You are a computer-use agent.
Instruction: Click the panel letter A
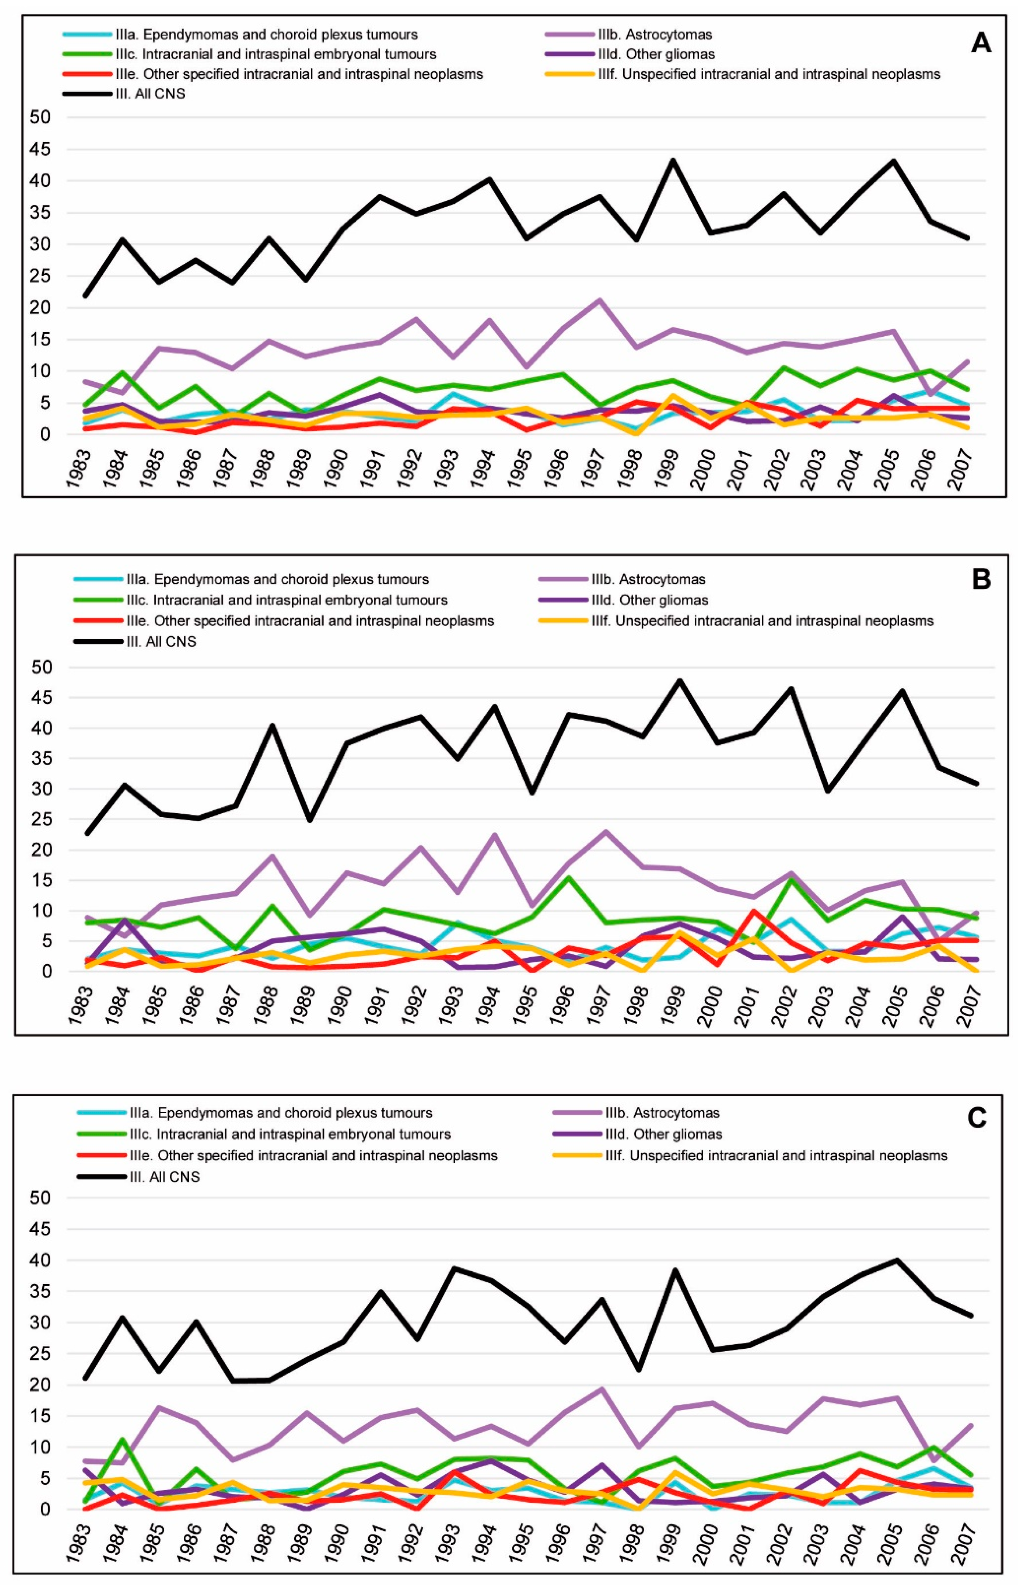pyautogui.click(x=980, y=44)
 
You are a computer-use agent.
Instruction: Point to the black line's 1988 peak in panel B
pyautogui.click(x=271, y=726)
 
